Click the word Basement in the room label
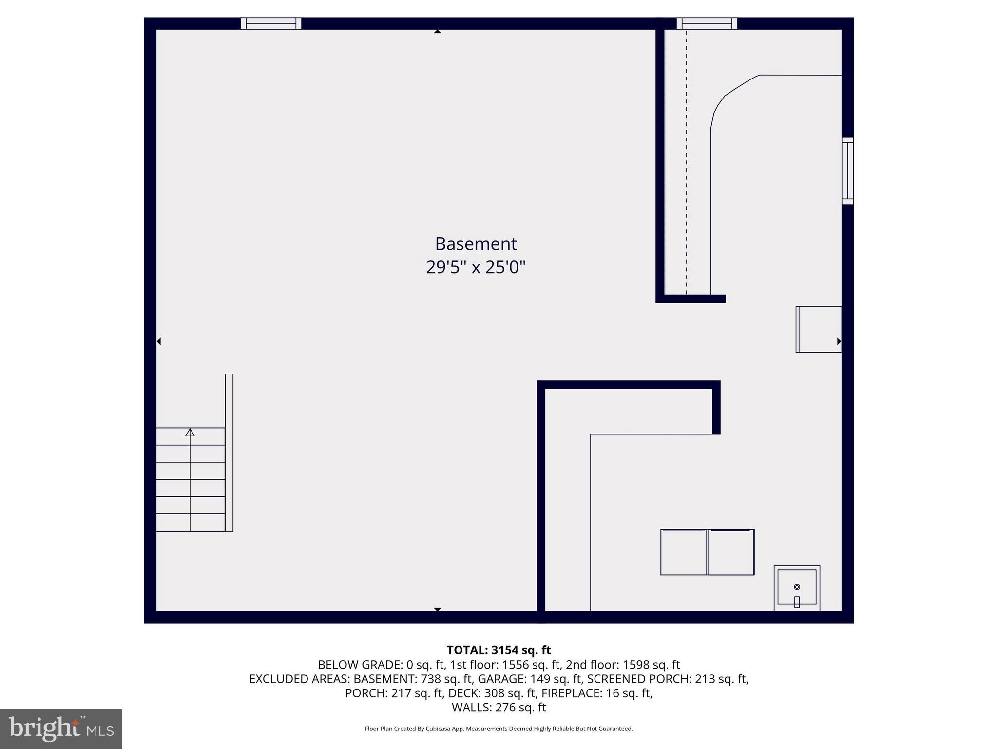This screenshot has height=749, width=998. click(x=476, y=243)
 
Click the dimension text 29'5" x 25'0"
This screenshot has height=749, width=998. click(x=476, y=267)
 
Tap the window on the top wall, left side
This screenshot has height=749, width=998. click(x=271, y=23)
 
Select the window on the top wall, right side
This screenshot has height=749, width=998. click(x=707, y=23)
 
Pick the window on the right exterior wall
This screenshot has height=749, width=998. click(x=847, y=171)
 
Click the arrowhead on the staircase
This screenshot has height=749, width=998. click(x=190, y=433)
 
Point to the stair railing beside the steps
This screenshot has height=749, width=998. click(x=229, y=453)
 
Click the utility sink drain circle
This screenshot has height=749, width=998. click(x=797, y=587)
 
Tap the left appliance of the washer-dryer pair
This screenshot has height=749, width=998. click(x=683, y=552)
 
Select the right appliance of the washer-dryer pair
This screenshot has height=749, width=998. click(x=730, y=552)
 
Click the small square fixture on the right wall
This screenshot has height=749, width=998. click(x=818, y=329)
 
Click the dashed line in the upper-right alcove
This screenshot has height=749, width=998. click(x=687, y=161)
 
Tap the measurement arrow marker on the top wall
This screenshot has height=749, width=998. click(x=437, y=31)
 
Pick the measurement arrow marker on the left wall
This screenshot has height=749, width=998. click(x=159, y=341)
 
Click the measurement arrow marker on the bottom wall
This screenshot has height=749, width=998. click(x=437, y=609)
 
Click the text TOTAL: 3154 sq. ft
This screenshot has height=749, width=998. click(x=499, y=650)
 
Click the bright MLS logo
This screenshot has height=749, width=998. click(x=61, y=729)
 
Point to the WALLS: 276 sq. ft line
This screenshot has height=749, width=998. click(x=499, y=707)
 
